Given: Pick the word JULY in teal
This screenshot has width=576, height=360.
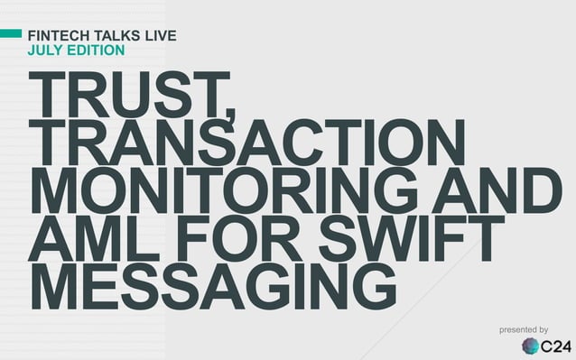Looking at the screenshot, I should (45, 50).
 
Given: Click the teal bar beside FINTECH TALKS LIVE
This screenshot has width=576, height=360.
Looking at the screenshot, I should (11, 34).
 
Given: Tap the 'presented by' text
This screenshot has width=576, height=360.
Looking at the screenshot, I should (524, 331).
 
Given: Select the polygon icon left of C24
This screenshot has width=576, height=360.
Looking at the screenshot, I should (530, 346).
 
